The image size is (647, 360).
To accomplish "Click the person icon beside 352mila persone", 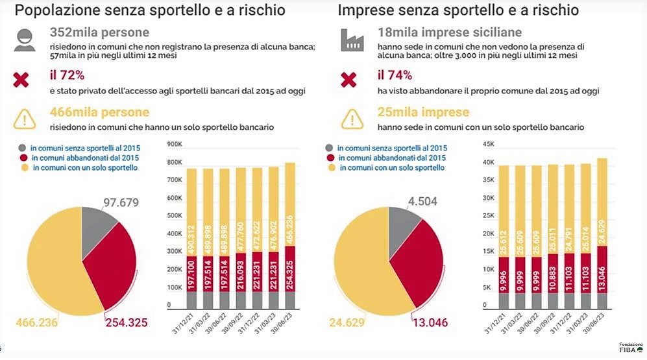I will (x=25, y=40).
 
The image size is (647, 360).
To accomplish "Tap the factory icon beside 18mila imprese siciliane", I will (x=350, y=40).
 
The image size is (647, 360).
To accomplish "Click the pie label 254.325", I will (x=127, y=322).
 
